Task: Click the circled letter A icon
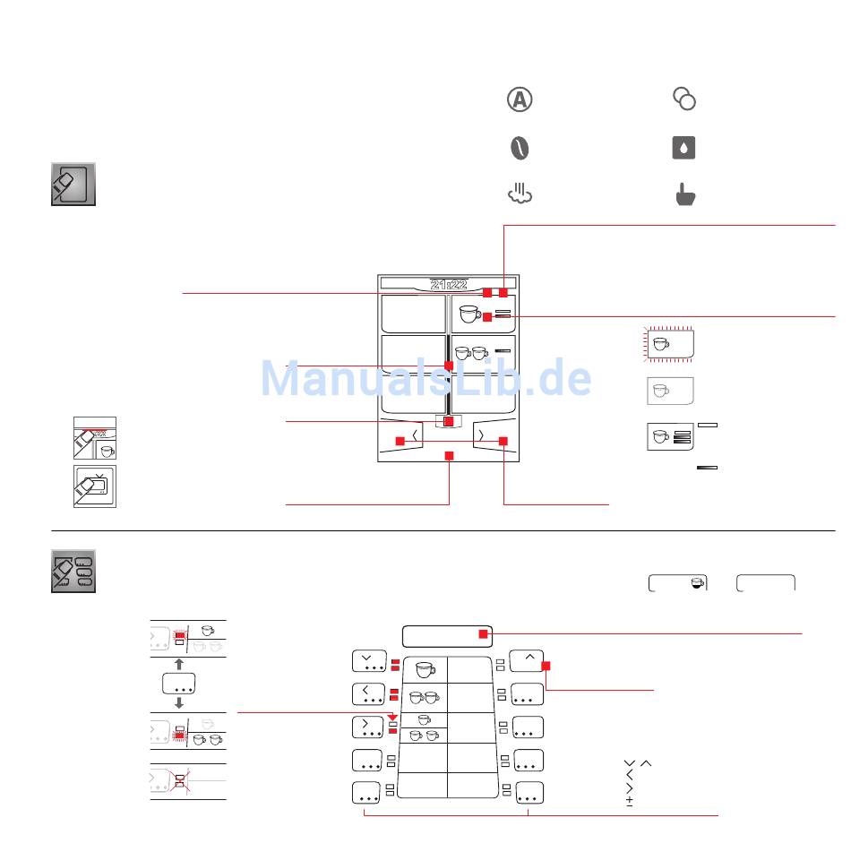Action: (x=520, y=99)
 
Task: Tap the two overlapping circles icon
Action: (x=684, y=99)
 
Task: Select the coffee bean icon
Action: (x=520, y=148)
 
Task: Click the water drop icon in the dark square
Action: (x=684, y=148)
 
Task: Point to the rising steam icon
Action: (x=520, y=194)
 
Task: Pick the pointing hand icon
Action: (x=684, y=194)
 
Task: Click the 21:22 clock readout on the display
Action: (x=448, y=284)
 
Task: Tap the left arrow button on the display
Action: (x=415, y=435)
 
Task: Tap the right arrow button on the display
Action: (x=481, y=435)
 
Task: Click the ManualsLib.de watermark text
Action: (x=425, y=380)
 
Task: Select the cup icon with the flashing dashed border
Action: (x=670, y=343)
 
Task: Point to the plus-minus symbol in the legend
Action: (x=630, y=800)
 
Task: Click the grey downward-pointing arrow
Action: (x=179, y=704)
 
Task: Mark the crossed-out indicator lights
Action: (x=179, y=781)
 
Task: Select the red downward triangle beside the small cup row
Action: (x=392, y=716)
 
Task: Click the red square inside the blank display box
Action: (x=483, y=634)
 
